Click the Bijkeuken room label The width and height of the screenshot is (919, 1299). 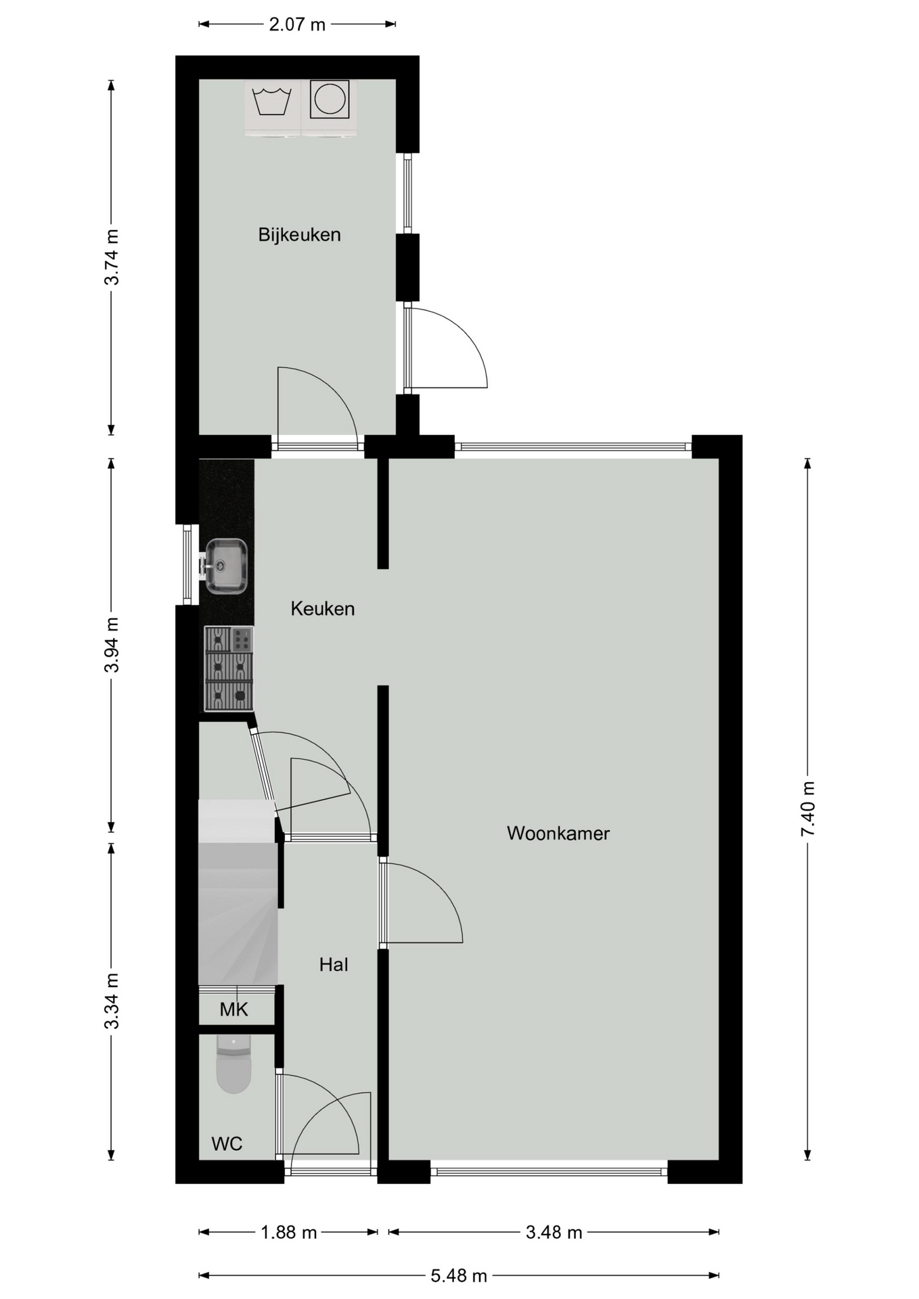(x=299, y=235)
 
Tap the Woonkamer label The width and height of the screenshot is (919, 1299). (x=558, y=833)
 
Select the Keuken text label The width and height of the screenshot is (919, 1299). (x=323, y=608)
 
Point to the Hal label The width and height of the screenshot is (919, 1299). (x=334, y=964)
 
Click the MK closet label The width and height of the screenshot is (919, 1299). (x=234, y=1009)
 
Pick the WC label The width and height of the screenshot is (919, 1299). (x=227, y=1143)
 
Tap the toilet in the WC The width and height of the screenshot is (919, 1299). (x=233, y=1064)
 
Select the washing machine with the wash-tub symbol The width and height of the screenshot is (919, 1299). (x=272, y=108)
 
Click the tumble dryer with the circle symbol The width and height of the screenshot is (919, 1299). (x=330, y=108)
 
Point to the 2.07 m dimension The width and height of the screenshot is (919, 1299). (x=297, y=25)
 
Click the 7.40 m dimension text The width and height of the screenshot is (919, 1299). (x=808, y=808)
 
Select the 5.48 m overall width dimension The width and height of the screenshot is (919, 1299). (x=459, y=1275)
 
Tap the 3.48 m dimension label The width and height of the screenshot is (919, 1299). (x=554, y=1232)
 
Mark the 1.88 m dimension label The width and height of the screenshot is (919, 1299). (x=289, y=1232)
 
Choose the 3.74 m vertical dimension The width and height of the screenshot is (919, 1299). (x=112, y=257)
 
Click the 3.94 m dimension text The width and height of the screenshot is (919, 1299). (x=112, y=645)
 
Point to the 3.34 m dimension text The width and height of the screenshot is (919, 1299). (x=112, y=1001)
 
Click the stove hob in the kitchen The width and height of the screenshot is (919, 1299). (x=229, y=668)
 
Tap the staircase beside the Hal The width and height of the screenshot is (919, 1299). (x=238, y=892)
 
